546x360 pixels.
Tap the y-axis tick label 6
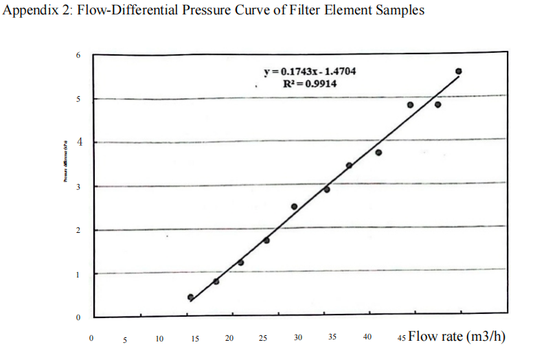point(78,55)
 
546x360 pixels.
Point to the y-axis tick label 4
point(79,143)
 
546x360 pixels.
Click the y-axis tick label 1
point(78,275)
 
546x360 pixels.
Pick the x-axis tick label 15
point(195,338)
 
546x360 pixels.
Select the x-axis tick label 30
point(298,338)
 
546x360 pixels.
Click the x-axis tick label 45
point(401,338)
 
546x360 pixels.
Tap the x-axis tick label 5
point(125,339)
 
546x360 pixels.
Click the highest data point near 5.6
point(459,71)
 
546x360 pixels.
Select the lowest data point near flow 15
point(190,297)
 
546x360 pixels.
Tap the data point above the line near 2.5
point(294,206)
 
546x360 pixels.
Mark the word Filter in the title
point(285,10)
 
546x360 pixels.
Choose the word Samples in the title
point(398,10)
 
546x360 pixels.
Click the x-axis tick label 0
point(91,338)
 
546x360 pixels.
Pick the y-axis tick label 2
point(78,231)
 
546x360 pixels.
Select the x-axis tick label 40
point(367,337)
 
